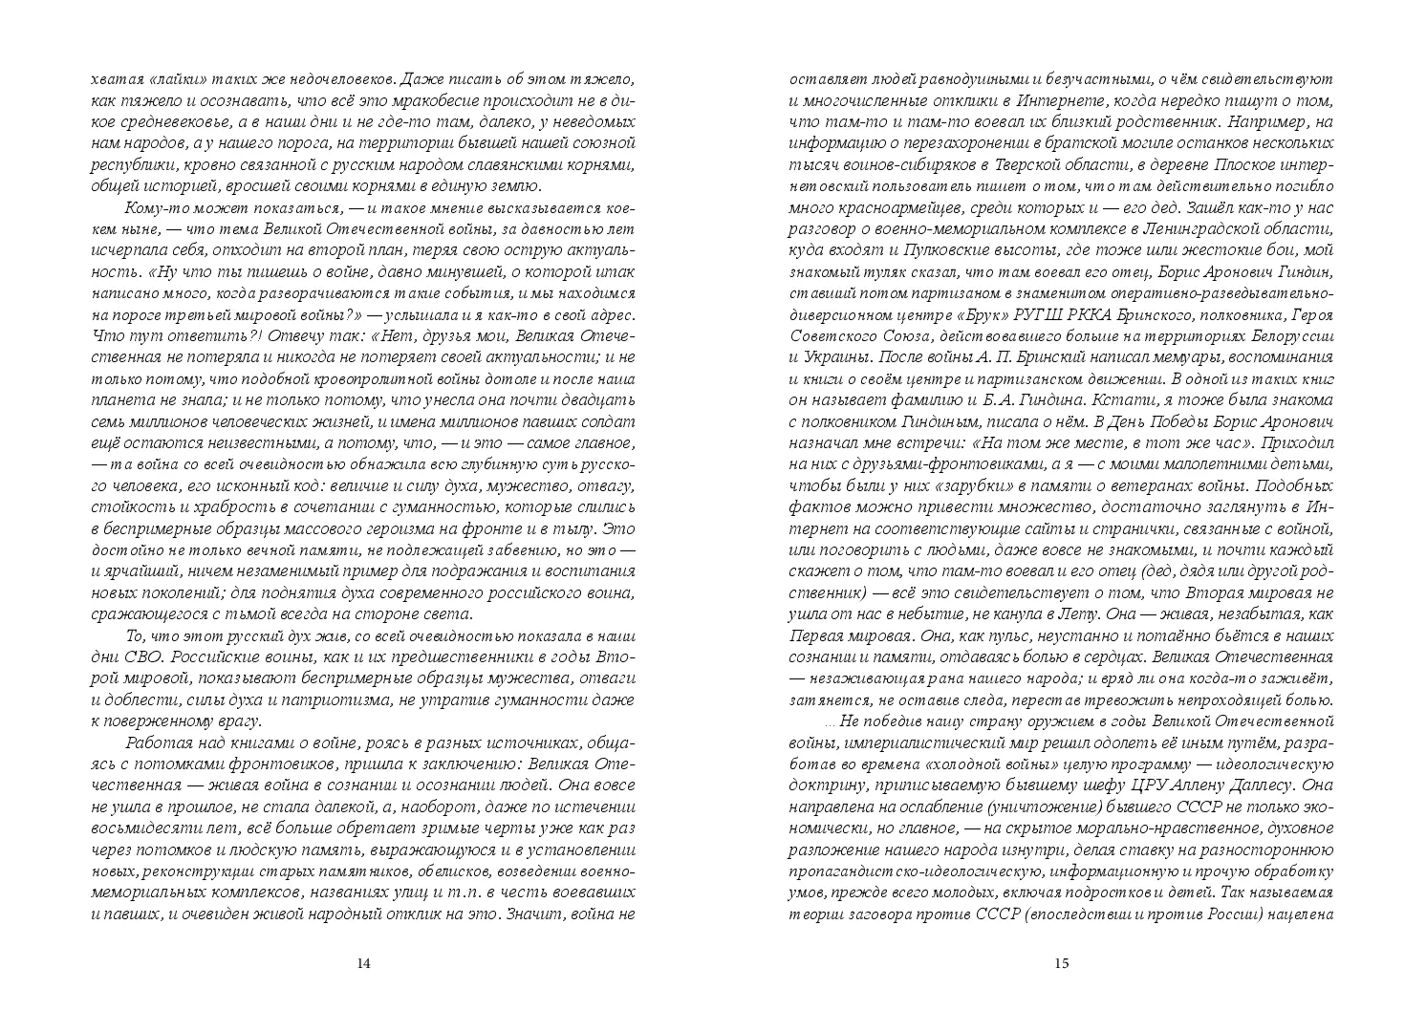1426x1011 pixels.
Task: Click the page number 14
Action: (x=362, y=962)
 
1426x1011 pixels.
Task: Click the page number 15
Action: (x=1061, y=962)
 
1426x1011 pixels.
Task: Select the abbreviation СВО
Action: (x=165, y=659)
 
